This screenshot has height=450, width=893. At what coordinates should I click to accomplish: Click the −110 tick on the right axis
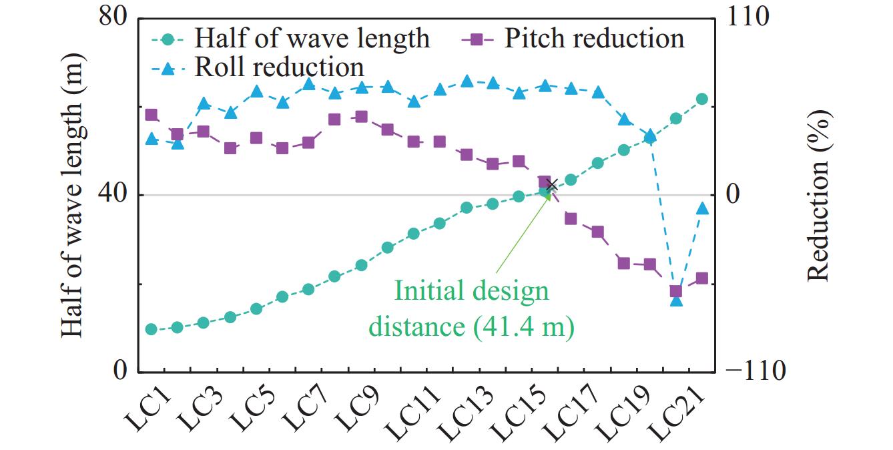coord(754,371)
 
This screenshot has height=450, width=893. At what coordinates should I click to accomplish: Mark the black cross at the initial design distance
coord(551,186)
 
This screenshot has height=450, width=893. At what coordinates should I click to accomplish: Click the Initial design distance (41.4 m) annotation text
coord(471,309)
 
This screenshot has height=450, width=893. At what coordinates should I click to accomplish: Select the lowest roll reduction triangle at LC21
coord(676,301)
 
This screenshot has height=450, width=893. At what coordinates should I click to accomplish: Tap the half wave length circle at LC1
coord(151,329)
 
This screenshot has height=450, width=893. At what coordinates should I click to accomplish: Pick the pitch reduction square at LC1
coord(151,115)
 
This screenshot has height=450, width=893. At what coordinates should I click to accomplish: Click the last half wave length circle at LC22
coord(701,99)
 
